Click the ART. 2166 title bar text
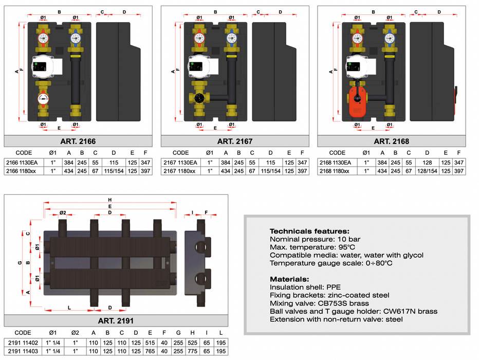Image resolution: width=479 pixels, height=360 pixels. click(78, 141)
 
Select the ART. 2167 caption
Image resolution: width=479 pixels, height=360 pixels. click(234, 141)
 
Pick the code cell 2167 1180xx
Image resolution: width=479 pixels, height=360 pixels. click(179, 171)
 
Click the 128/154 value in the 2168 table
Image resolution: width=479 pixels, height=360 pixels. click(427, 171)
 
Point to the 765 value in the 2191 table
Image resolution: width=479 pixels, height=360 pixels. click(150, 351)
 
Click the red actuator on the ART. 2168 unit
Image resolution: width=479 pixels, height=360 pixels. click(358, 98)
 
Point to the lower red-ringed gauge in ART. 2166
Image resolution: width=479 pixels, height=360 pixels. click(43, 99)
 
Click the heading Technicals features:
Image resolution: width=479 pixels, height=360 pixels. click(309, 231)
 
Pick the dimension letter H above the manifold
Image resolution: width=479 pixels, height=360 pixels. click(109, 200)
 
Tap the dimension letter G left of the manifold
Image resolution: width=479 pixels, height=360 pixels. click(19, 263)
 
